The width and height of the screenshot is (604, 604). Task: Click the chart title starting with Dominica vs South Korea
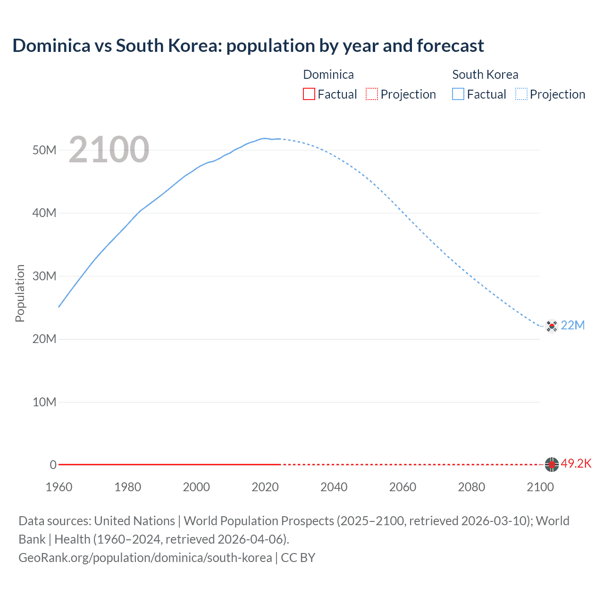tap(248, 46)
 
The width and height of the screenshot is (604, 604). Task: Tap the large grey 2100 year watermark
tap(109, 150)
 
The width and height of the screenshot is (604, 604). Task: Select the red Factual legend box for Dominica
tap(309, 94)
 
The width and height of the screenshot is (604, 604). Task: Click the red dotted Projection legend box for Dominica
tap(372, 94)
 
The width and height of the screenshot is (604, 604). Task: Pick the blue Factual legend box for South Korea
tap(458, 94)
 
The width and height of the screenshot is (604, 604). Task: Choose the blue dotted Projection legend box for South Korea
tap(521, 94)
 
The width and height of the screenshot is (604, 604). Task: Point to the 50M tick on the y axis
tap(44, 150)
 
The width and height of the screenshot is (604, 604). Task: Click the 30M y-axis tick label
tap(44, 276)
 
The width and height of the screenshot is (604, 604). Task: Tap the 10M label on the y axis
tap(44, 402)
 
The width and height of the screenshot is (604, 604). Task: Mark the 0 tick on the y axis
tap(53, 465)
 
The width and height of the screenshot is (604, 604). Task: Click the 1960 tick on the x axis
tap(59, 487)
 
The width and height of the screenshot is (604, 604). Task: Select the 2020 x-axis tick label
tap(265, 487)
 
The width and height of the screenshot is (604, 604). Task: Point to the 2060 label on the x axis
tap(403, 487)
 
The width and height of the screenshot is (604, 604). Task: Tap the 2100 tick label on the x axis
tap(540, 487)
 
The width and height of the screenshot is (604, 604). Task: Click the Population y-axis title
tap(20, 293)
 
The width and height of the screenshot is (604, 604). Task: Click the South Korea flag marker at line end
tap(551, 326)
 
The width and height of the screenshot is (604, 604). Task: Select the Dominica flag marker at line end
tap(551, 465)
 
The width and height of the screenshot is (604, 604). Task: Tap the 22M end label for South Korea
tap(573, 325)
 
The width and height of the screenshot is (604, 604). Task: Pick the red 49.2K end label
tap(576, 463)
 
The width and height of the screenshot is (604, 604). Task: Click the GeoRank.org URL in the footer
tap(145, 557)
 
